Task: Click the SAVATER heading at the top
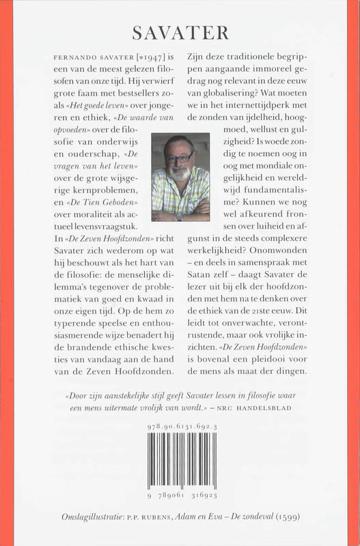click(180, 32)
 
